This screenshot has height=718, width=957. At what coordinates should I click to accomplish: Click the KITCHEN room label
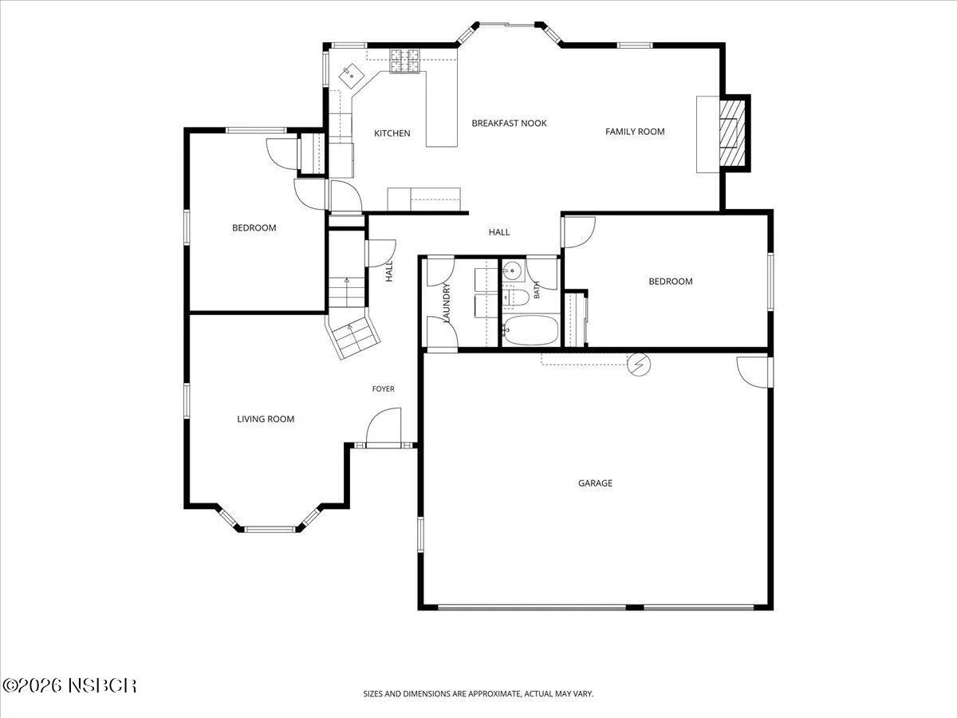(x=392, y=133)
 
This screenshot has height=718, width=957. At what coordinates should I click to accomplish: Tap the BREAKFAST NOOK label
(x=509, y=124)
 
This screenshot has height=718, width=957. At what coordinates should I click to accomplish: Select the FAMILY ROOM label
(x=635, y=131)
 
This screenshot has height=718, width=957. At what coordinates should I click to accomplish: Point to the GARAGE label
(x=595, y=483)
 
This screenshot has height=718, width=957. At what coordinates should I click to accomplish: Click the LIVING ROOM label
(x=266, y=419)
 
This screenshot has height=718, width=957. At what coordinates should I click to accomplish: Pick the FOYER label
(x=384, y=389)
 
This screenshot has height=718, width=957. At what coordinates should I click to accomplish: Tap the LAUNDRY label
(x=446, y=302)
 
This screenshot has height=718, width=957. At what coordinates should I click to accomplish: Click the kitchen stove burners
(x=404, y=60)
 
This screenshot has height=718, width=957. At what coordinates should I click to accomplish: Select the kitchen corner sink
(x=352, y=77)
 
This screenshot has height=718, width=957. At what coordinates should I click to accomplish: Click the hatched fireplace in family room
(x=732, y=132)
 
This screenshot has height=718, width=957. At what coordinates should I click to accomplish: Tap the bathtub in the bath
(x=530, y=330)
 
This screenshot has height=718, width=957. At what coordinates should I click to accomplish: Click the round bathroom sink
(x=511, y=271)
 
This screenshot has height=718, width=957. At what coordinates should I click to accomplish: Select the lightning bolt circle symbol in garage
(x=639, y=364)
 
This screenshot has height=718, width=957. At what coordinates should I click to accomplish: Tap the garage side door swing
(x=754, y=372)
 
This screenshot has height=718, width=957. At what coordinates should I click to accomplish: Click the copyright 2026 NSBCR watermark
(x=69, y=686)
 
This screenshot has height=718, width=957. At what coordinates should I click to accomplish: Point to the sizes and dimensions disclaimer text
(x=478, y=693)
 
